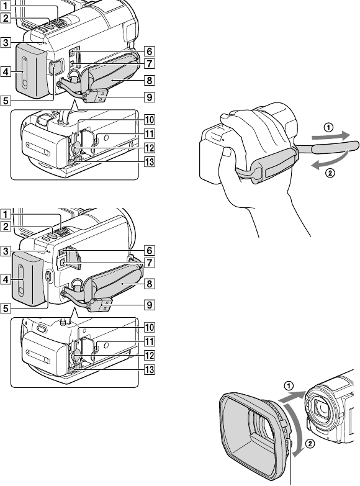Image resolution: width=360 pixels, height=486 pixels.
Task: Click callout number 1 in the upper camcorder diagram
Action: (x=6, y=6)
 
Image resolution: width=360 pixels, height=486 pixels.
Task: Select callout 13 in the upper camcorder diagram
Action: (x=150, y=161)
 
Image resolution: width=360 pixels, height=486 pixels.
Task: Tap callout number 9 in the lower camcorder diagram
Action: (x=150, y=305)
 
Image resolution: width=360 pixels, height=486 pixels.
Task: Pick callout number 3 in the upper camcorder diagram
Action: (x=6, y=42)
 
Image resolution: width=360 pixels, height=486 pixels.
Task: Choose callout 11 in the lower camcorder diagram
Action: (x=150, y=341)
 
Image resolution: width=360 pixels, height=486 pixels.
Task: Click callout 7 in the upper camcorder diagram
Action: (x=150, y=63)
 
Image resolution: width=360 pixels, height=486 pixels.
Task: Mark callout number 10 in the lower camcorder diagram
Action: (x=150, y=327)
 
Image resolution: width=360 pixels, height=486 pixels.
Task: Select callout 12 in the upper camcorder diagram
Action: (x=150, y=148)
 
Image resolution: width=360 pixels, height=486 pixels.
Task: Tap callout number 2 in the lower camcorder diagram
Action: (x=6, y=227)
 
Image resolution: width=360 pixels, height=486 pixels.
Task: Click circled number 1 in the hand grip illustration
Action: (x=328, y=127)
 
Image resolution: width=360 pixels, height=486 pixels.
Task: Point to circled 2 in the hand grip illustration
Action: (x=330, y=173)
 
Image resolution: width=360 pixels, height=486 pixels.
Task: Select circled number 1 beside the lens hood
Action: (x=289, y=385)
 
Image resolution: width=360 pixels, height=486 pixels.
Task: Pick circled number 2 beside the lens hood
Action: (x=310, y=444)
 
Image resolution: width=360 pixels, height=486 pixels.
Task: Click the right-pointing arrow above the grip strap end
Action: (x=330, y=136)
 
